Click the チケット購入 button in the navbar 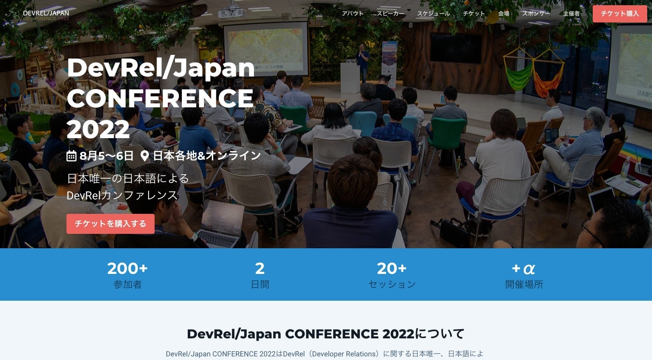coord(619,14)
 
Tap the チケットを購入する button coord(111,223)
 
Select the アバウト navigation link coord(352,14)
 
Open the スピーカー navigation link coord(390,14)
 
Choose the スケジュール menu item coord(433,14)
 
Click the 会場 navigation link coord(503,14)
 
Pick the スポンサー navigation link coord(536,14)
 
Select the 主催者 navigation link coord(571,14)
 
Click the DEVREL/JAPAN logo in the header coord(46,15)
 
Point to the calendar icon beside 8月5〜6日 coord(71,156)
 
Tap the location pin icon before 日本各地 coord(145,156)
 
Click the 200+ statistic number coord(127,268)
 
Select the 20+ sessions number coord(392,268)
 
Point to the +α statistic coord(523,268)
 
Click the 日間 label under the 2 coord(260,284)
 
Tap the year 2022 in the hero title coord(98,129)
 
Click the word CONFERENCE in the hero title coord(160,99)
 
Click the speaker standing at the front coord(363,60)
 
